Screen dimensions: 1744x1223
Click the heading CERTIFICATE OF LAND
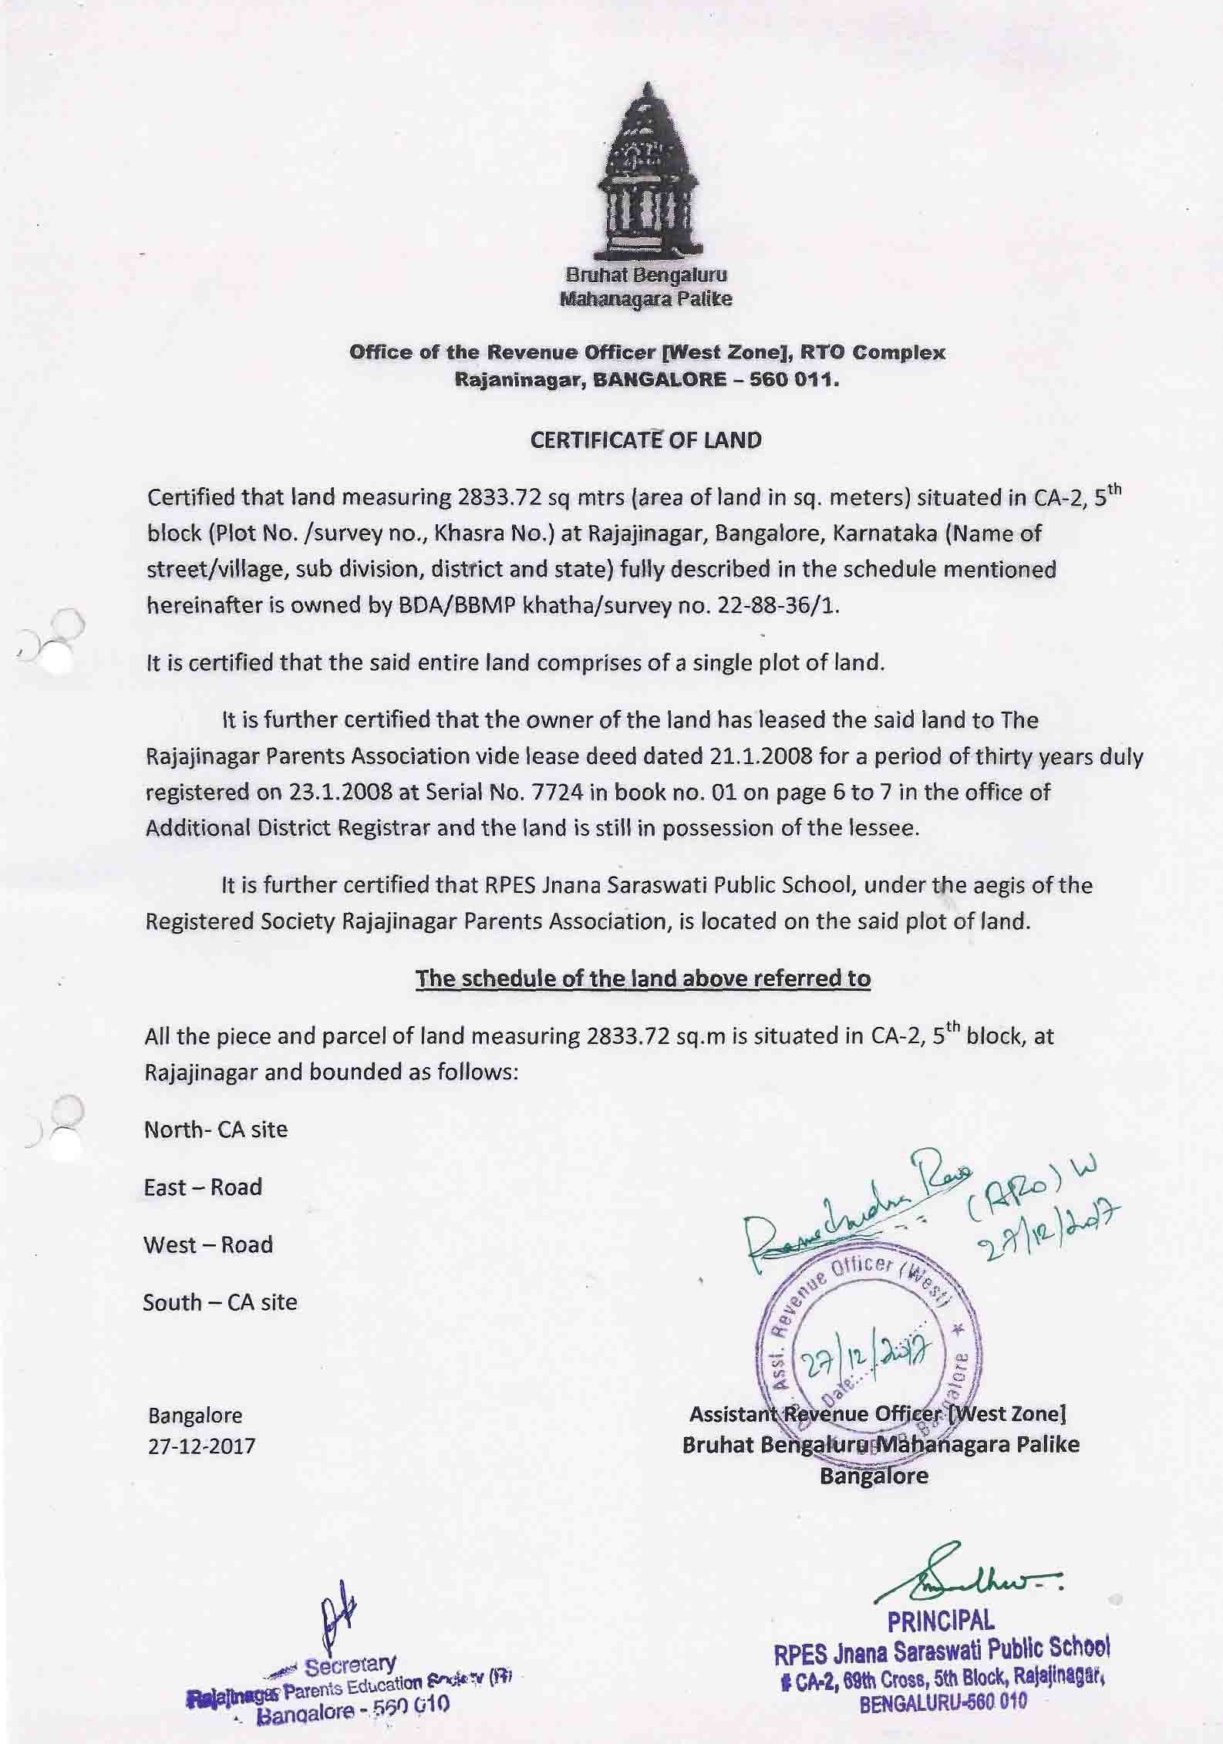pos(646,440)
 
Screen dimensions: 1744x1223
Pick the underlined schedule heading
pos(643,978)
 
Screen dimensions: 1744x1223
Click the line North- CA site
pos(216,1130)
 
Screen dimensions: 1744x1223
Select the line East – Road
pos(203,1187)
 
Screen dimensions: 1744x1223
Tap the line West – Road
pos(208,1244)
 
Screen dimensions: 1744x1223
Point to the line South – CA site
pos(220,1302)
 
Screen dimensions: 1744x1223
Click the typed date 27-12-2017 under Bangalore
pos(201,1446)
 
